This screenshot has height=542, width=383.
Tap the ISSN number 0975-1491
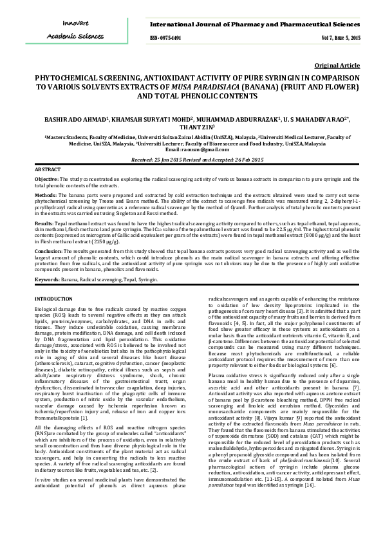(165, 39)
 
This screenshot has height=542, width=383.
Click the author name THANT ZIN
(192, 127)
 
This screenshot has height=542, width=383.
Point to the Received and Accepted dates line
(192, 159)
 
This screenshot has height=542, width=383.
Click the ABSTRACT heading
(47, 169)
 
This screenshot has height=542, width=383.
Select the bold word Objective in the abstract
(46, 178)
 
